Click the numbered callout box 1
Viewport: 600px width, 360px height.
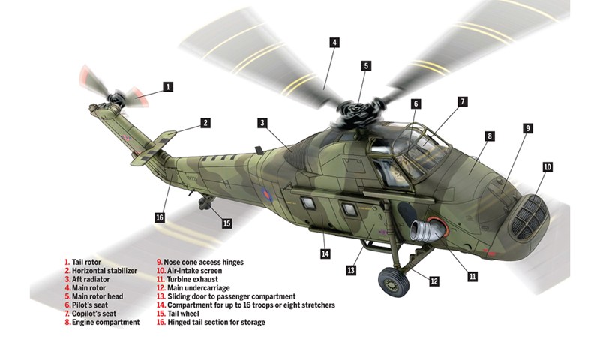click(x=168, y=87)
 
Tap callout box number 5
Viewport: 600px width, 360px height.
click(x=366, y=66)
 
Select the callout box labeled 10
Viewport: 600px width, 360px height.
click(x=547, y=167)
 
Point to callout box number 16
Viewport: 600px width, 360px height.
click(x=160, y=217)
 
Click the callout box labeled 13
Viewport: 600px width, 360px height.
click(x=351, y=271)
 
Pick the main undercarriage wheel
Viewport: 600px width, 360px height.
click(x=394, y=281)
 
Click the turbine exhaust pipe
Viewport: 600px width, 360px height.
click(x=427, y=229)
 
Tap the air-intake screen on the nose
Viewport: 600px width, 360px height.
click(x=530, y=217)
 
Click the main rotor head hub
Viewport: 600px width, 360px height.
click(x=356, y=109)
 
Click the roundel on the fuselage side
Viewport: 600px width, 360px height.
click(x=267, y=195)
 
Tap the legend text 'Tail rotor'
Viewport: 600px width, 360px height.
click(x=86, y=262)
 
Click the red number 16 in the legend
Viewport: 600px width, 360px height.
click(x=160, y=322)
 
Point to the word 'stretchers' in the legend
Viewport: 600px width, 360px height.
click(x=318, y=305)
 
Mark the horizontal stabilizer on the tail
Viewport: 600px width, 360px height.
click(x=154, y=148)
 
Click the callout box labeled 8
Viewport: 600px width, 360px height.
click(x=490, y=136)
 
